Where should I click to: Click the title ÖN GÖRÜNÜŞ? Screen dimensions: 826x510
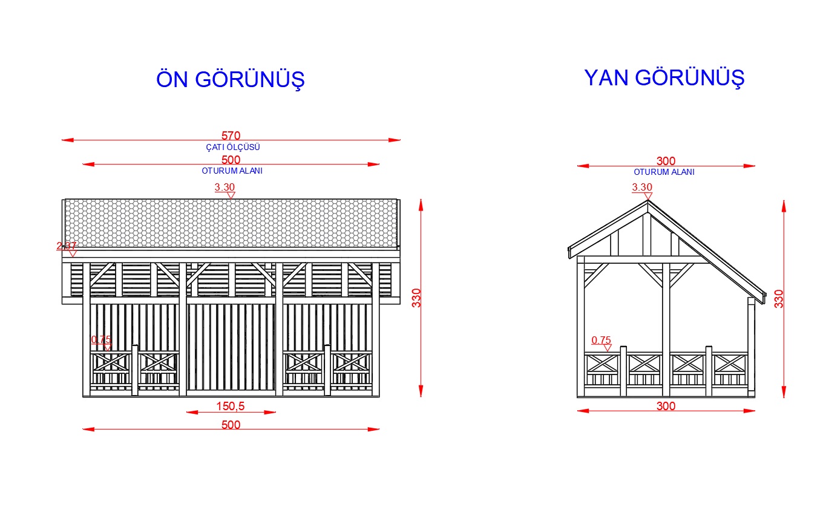point(231,79)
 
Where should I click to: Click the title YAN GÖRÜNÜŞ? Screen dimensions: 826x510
point(664,78)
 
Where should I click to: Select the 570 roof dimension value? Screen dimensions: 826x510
point(231,136)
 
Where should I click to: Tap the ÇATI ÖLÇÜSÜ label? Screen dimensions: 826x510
point(233,147)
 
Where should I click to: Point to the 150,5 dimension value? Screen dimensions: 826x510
point(230,406)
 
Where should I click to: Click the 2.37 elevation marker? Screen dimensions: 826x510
point(67,246)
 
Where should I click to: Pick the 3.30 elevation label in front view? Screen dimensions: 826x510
point(225,187)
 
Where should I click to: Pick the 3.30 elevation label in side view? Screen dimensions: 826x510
point(642,187)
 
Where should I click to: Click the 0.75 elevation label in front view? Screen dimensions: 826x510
point(101,339)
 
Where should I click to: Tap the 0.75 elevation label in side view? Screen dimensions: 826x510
point(601,340)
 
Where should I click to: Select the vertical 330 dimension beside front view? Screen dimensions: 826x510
point(416,298)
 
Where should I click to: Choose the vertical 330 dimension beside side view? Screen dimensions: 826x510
point(778,299)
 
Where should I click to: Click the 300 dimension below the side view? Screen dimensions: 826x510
point(666,406)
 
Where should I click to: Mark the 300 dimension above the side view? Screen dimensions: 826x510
point(666,161)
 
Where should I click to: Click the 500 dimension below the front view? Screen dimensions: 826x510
point(231,425)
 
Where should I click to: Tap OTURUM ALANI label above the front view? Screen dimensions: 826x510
point(232,171)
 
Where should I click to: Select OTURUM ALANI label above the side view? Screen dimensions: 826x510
point(664,172)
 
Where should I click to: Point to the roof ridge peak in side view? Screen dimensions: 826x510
point(648,200)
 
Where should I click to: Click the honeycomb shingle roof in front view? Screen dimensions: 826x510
point(231,223)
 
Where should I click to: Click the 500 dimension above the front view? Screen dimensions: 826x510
point(231,160)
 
